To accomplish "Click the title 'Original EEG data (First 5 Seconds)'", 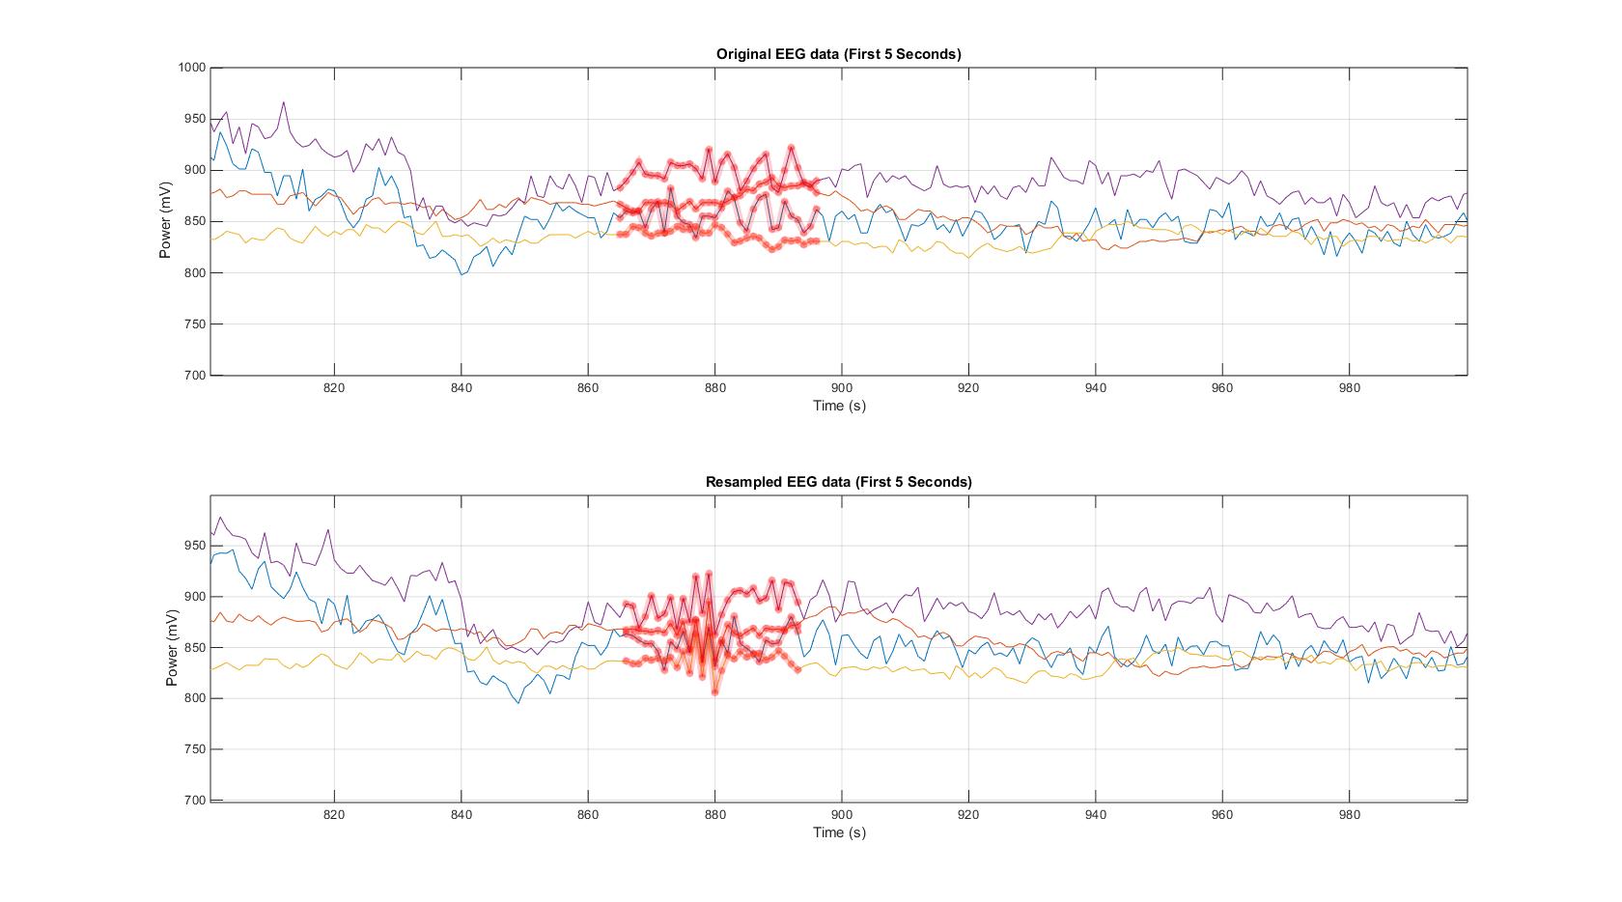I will coord(838,54).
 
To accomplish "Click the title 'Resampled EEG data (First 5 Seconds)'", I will coord(838,482).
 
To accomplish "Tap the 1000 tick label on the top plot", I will coord(192,68).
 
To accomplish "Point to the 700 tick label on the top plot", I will coord(196,376).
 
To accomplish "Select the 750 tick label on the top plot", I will coord(196,324).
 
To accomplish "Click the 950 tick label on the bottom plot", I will coord(196,546).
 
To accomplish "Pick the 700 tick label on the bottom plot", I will coord(196,801).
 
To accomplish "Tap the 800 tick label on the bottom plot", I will coord(196,698).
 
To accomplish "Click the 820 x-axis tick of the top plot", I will coord(334,388).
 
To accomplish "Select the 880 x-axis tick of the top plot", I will coord(714,388).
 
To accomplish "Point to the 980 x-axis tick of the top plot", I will coord(1350,388).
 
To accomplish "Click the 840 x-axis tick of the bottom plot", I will coord(461,815).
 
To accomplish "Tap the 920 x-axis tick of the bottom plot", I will coord(968,815).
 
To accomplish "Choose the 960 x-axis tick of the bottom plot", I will coord(1222,815).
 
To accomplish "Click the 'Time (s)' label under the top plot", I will coord(839,406).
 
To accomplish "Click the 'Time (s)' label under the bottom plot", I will coord(839,832).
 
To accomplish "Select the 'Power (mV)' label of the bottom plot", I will coord(172,648).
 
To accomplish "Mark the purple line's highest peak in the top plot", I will coord(284,101).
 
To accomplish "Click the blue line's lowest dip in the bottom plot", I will coord(518,703).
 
